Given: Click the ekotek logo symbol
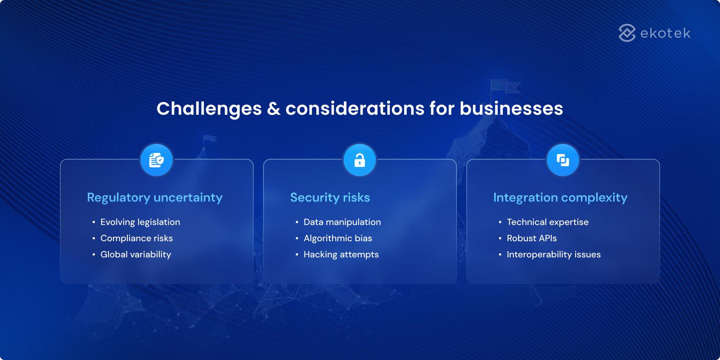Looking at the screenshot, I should (627, 33).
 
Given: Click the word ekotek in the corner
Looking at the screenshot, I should (665, 33).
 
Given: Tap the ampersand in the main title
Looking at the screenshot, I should (274, 109).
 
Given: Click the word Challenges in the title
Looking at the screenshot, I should (209, 109).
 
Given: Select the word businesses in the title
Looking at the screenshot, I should (511, 109).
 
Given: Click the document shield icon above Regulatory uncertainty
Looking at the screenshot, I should (157, 160).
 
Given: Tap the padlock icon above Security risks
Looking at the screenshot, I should (360, 160).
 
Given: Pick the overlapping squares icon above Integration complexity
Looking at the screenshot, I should (563, 160).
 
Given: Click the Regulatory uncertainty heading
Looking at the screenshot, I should (155, 198).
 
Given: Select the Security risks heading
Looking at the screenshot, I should (330, 198).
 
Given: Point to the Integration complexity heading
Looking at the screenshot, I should (560, 198).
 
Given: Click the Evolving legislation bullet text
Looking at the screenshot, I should (140, 222).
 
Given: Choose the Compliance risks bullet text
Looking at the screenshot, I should (136, 238).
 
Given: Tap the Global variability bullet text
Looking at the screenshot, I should (135, 254).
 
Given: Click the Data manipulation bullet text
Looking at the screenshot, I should (342, 222).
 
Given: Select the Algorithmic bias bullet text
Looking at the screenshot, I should (337, 238).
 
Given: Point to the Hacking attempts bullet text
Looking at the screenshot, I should (341, 254).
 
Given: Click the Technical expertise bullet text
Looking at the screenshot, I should (547, 222).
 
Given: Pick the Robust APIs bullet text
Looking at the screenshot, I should (531, 238).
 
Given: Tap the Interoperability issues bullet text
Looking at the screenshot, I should (553, 254).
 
